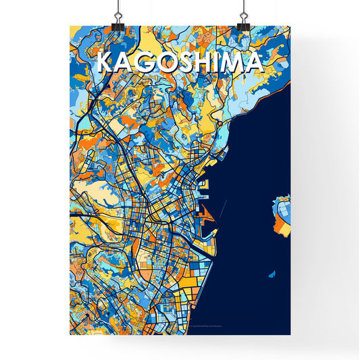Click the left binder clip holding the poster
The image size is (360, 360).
click(x=118, y=22)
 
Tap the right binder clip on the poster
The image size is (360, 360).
click(x=242, y=22)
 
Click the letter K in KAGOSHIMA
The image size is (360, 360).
click(x=105, y=63)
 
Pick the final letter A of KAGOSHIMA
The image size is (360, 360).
click(x=251, y=63)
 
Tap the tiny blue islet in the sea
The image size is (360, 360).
click(x=272, y=275)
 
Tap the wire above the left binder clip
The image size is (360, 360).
click(x=118, y=7)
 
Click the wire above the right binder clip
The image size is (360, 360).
click(x=242, y=7)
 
